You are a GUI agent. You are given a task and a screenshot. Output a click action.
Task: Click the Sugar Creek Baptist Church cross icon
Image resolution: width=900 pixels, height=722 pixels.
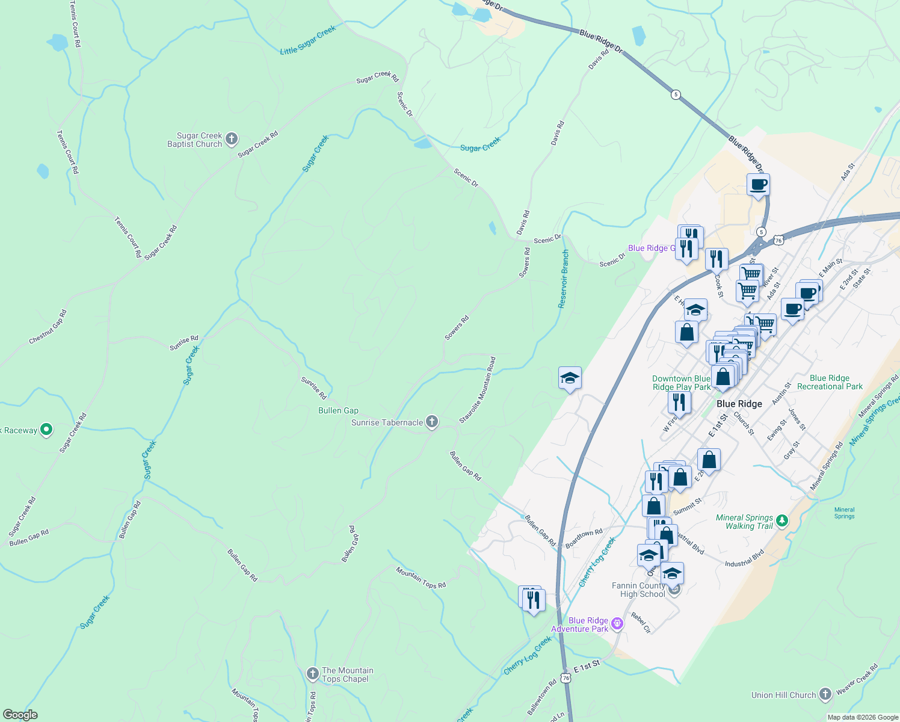tap(232, 140)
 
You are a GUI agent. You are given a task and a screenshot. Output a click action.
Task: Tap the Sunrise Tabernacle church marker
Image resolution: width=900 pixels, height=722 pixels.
tap(432, 422)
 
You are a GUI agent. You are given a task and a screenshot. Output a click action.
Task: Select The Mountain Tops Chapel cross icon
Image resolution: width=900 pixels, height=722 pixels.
tap(312, 674)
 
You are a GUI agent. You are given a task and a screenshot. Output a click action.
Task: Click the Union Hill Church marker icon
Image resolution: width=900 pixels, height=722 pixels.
tap(825, 694)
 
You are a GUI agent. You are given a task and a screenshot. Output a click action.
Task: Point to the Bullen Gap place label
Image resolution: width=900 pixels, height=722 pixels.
tap(338, 410)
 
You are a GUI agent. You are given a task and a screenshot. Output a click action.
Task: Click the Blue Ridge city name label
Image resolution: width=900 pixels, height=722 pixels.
tap(739, 404)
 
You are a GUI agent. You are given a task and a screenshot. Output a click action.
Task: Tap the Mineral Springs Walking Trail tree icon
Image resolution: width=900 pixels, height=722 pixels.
tap(781, 520)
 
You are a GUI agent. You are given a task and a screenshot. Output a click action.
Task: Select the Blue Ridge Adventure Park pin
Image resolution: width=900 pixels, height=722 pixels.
tap(617, 624)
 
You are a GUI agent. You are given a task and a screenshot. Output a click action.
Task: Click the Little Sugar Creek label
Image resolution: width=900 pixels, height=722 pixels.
tap(308, 41)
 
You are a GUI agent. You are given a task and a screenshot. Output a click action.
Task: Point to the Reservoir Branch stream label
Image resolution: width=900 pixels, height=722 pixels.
tap(563, 279)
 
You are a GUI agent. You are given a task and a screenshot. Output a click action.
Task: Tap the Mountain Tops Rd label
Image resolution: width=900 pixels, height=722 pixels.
tap(421, 577)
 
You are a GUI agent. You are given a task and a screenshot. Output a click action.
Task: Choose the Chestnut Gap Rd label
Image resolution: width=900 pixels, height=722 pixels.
tap(48, 327)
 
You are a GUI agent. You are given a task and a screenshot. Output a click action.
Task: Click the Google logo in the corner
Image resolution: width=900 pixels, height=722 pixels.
tap(20, 715)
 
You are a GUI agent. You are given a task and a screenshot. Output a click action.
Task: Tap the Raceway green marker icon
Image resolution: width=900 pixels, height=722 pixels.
tap(46, 430)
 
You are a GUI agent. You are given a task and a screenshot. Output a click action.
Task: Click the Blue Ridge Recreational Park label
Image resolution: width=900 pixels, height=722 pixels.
tap(830, 382)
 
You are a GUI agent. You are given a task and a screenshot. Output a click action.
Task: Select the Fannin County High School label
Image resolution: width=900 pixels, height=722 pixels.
tap(638, 590)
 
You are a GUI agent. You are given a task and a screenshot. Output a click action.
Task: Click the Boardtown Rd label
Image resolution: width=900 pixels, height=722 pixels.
tap(584, 537)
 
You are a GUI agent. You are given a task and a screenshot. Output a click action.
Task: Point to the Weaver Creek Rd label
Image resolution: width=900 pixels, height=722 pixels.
tap(857, 679)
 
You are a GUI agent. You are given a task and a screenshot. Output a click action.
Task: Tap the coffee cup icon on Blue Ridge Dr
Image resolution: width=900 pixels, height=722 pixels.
tap(758, 184)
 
